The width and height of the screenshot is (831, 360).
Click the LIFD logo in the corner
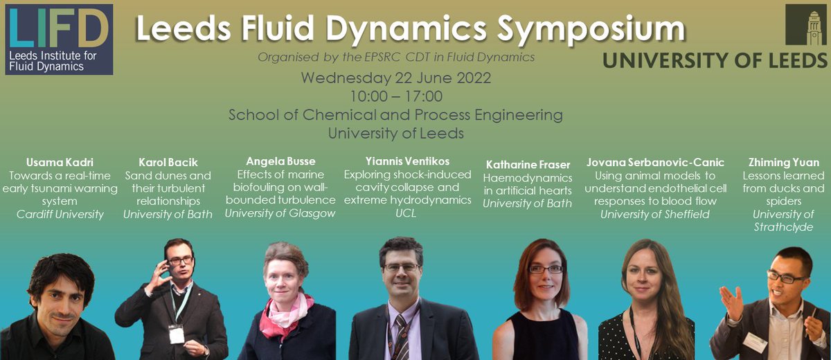coord(57,39)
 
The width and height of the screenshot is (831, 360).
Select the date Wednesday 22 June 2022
coord(395,78)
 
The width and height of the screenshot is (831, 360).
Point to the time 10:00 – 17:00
coord(396,96)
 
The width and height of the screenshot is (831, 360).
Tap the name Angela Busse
coord(280,161)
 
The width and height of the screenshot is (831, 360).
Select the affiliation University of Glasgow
coord(280,213)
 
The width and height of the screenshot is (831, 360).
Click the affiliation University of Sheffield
coord(654,214)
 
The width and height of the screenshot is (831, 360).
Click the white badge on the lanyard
coord(177,334)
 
